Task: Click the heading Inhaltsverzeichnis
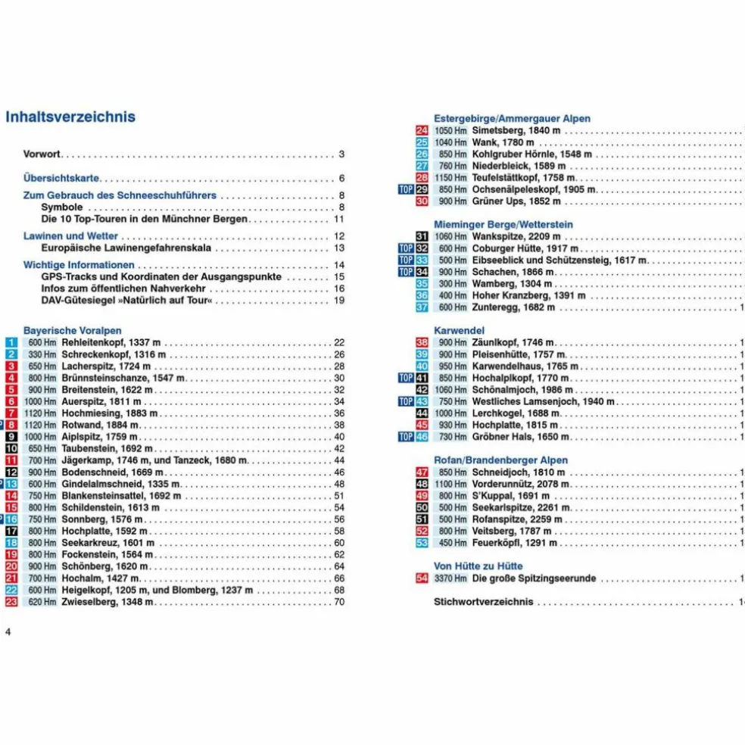point(70,117)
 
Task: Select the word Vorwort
point(42,154)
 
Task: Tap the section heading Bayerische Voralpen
point(72,331)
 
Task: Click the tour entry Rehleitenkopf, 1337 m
point(111,343)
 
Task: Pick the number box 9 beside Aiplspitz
point(11,437)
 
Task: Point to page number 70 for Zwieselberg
point(339,602)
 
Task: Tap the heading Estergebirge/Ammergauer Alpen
point(512,119)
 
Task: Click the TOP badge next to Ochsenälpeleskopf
point(406,189)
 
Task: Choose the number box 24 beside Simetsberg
point(422,131)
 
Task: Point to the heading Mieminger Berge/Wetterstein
point(503,225)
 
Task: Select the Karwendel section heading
point(459,331)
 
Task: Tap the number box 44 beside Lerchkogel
point(422,413)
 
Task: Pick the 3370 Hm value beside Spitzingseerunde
point(450,578)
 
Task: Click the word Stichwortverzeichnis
point(483,602)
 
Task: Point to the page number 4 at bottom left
point(8,632)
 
